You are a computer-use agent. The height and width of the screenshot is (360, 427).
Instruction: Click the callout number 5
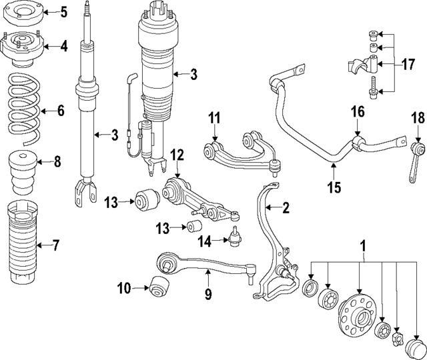63,11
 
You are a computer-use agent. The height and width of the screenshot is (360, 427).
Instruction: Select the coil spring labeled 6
23,109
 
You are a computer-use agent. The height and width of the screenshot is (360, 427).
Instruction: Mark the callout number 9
207,293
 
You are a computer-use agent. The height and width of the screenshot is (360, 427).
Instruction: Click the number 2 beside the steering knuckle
286,208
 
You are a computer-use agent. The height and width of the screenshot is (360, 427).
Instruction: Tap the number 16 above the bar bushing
358,111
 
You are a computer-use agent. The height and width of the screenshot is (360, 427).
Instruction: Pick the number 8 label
57,161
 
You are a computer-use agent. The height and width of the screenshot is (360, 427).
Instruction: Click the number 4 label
63,47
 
